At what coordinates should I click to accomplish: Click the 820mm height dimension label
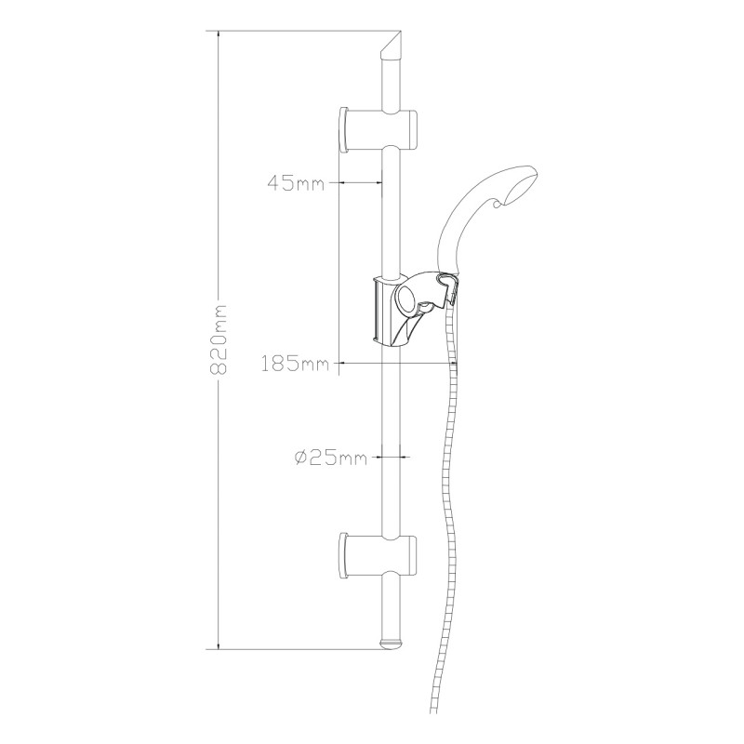(219, 339)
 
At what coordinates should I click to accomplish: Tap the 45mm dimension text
(297, 182)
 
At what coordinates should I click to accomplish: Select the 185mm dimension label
(295, 364)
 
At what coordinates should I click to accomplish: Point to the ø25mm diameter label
(331, 458)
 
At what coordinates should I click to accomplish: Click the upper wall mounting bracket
(379, 130)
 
